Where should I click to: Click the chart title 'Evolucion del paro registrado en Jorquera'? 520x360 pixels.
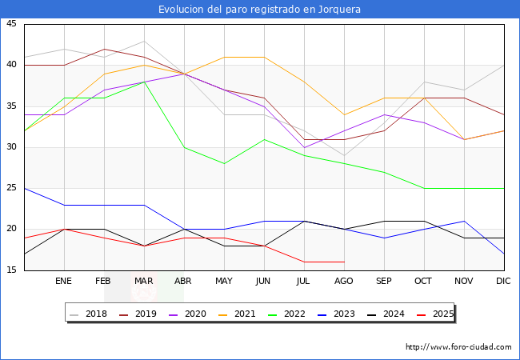(260, 10)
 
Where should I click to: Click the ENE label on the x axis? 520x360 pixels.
(64, 282)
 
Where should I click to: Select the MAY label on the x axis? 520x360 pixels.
(224, 282)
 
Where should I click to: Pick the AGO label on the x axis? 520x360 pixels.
(344, 282)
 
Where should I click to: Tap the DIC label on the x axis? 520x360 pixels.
(503, 282)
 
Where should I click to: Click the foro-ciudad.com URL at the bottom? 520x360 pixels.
(458, 347)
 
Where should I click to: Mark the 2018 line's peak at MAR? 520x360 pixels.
(144, 41)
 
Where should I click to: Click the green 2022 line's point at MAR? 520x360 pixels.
(144, 82)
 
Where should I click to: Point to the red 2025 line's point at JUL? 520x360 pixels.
(304, 262)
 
